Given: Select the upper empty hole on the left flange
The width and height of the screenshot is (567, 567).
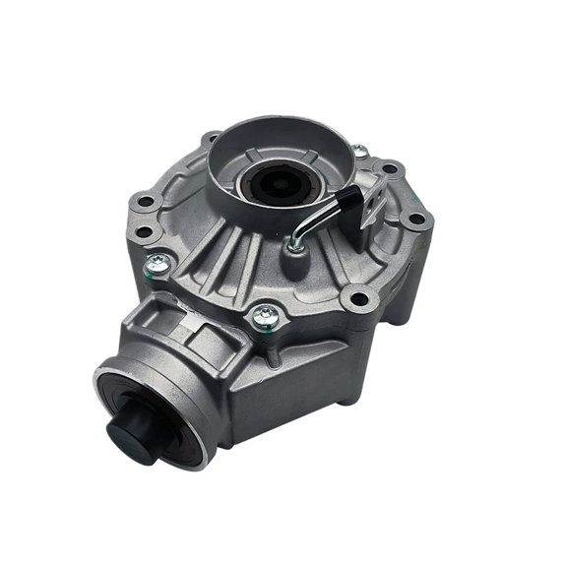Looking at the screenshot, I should click(146, 203).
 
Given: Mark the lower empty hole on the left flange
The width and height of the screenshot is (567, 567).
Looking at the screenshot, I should click(144, 232).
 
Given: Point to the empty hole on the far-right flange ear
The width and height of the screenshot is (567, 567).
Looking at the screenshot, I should click(416, 214).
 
